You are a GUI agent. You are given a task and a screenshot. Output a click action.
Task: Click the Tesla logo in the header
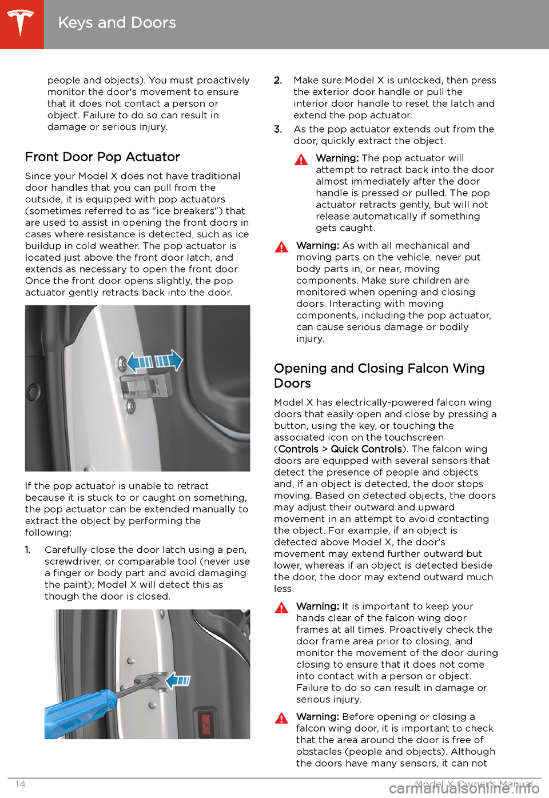click(x=21, y=23)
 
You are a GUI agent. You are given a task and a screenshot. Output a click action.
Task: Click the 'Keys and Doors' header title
click(x=117, y=23)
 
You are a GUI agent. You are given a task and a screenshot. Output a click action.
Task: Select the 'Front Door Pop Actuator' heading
click(x=102, y=157)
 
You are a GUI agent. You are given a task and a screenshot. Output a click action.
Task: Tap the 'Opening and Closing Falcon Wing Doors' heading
click(x=379, y=376)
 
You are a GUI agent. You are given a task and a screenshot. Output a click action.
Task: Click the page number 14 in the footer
click(x=20, y=784)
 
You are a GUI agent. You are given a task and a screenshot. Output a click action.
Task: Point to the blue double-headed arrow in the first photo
click(x=154, y=361)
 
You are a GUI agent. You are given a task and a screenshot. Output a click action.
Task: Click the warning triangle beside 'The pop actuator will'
click(x=301, y=159)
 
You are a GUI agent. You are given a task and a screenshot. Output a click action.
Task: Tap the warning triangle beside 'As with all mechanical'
click(x=281, y=247)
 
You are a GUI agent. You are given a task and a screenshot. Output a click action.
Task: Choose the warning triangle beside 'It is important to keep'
click(x=281, y=608)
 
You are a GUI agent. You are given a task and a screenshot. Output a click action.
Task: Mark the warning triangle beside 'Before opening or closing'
click(x=281, y=718)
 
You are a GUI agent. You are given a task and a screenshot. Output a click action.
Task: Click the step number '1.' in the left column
click(x=28, y=550)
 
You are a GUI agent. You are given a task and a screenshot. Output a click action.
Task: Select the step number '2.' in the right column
click(x=278, y=81)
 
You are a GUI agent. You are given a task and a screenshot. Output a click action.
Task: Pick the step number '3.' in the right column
click(x=278, y=129)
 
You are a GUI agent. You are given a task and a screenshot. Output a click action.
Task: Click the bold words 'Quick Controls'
click(x=366, y=449)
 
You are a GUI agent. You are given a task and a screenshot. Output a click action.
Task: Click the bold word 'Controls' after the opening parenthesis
click(x=298, y=449)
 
